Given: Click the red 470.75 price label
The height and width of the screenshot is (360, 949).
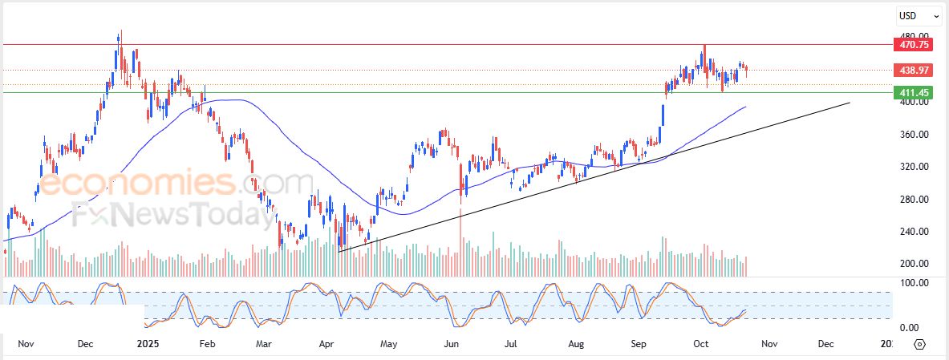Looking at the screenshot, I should tap(913, 45).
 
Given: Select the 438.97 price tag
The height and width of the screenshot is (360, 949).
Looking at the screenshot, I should tap(913, 71).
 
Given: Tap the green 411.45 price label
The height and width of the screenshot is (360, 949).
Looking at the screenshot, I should tap(913, 93).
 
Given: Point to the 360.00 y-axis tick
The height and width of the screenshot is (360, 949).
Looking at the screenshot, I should tap(913, 134).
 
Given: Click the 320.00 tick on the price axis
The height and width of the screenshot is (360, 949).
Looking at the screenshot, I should tap(913, 167).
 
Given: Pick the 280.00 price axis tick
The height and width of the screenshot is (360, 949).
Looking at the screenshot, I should tap(913, 199).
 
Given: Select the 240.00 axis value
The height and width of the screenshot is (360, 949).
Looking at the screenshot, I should tap(913, 232).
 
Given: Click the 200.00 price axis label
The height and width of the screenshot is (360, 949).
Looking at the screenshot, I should tap(913, 264).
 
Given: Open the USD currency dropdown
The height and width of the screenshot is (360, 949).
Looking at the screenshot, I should tap(919, 15).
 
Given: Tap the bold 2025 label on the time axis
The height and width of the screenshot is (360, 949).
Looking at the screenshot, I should tap(148, 344).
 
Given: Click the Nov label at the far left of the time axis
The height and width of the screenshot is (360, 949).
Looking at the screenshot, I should tap(26, 344).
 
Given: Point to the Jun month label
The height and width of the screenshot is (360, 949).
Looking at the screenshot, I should tap(452, 344).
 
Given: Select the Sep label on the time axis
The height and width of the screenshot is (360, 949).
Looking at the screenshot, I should tap(639, 344).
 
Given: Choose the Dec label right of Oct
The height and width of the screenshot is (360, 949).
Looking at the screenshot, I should tap(825, 344).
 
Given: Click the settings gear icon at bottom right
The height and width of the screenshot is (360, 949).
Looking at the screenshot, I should tap(919, 345).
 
